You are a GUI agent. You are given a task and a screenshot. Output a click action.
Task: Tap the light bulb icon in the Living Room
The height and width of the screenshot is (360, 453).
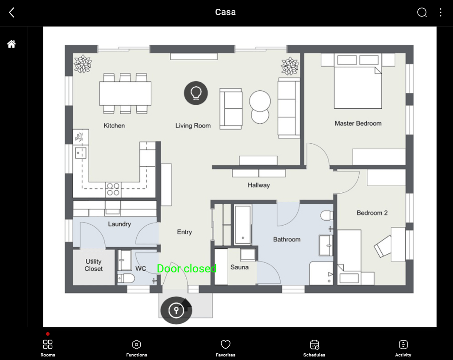click(196, 93)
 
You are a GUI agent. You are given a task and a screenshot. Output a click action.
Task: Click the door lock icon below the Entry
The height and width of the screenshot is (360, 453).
click(177, 310)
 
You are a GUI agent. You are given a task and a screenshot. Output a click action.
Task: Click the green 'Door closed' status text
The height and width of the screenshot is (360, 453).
click(187, 268)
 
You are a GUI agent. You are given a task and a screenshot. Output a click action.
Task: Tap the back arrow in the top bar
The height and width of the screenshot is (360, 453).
click(12, 12)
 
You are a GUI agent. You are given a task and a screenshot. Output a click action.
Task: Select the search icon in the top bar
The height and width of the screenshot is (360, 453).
click(422, 12)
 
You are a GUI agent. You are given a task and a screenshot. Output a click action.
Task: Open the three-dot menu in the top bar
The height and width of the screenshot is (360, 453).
click(441, 12)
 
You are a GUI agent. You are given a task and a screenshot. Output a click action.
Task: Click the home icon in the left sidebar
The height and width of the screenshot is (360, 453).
click(12, 44)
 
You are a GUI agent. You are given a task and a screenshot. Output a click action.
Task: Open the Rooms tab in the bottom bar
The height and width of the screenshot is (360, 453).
click(48, 348)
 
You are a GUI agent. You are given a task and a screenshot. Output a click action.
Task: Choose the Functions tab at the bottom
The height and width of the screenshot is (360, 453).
click(137, 348)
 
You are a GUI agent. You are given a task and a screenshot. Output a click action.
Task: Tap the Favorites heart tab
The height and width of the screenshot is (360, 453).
click(226, 348)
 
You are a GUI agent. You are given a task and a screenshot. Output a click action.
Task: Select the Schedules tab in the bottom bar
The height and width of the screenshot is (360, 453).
click(315, 348)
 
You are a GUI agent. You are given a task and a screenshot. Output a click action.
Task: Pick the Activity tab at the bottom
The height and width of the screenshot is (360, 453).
click(403, 348)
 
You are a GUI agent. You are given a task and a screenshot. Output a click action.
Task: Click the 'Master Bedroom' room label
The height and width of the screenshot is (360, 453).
click(358, 123)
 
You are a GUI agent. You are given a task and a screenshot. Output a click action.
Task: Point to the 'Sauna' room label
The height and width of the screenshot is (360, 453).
click(239, 267)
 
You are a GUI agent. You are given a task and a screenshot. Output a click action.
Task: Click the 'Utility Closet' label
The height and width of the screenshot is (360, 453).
click(94, 265)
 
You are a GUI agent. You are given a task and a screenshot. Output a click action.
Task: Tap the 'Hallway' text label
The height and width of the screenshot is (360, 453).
click(259, 185)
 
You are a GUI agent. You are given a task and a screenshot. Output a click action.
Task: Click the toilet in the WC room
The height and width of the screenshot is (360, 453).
click(127, 278)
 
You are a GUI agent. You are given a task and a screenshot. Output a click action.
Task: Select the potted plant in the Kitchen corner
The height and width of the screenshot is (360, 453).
click(82, 64)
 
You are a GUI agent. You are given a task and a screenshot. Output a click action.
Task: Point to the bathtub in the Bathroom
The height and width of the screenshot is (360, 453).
click(242, 224)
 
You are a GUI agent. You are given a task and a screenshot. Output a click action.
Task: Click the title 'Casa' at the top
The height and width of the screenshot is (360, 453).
click(226, 12)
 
